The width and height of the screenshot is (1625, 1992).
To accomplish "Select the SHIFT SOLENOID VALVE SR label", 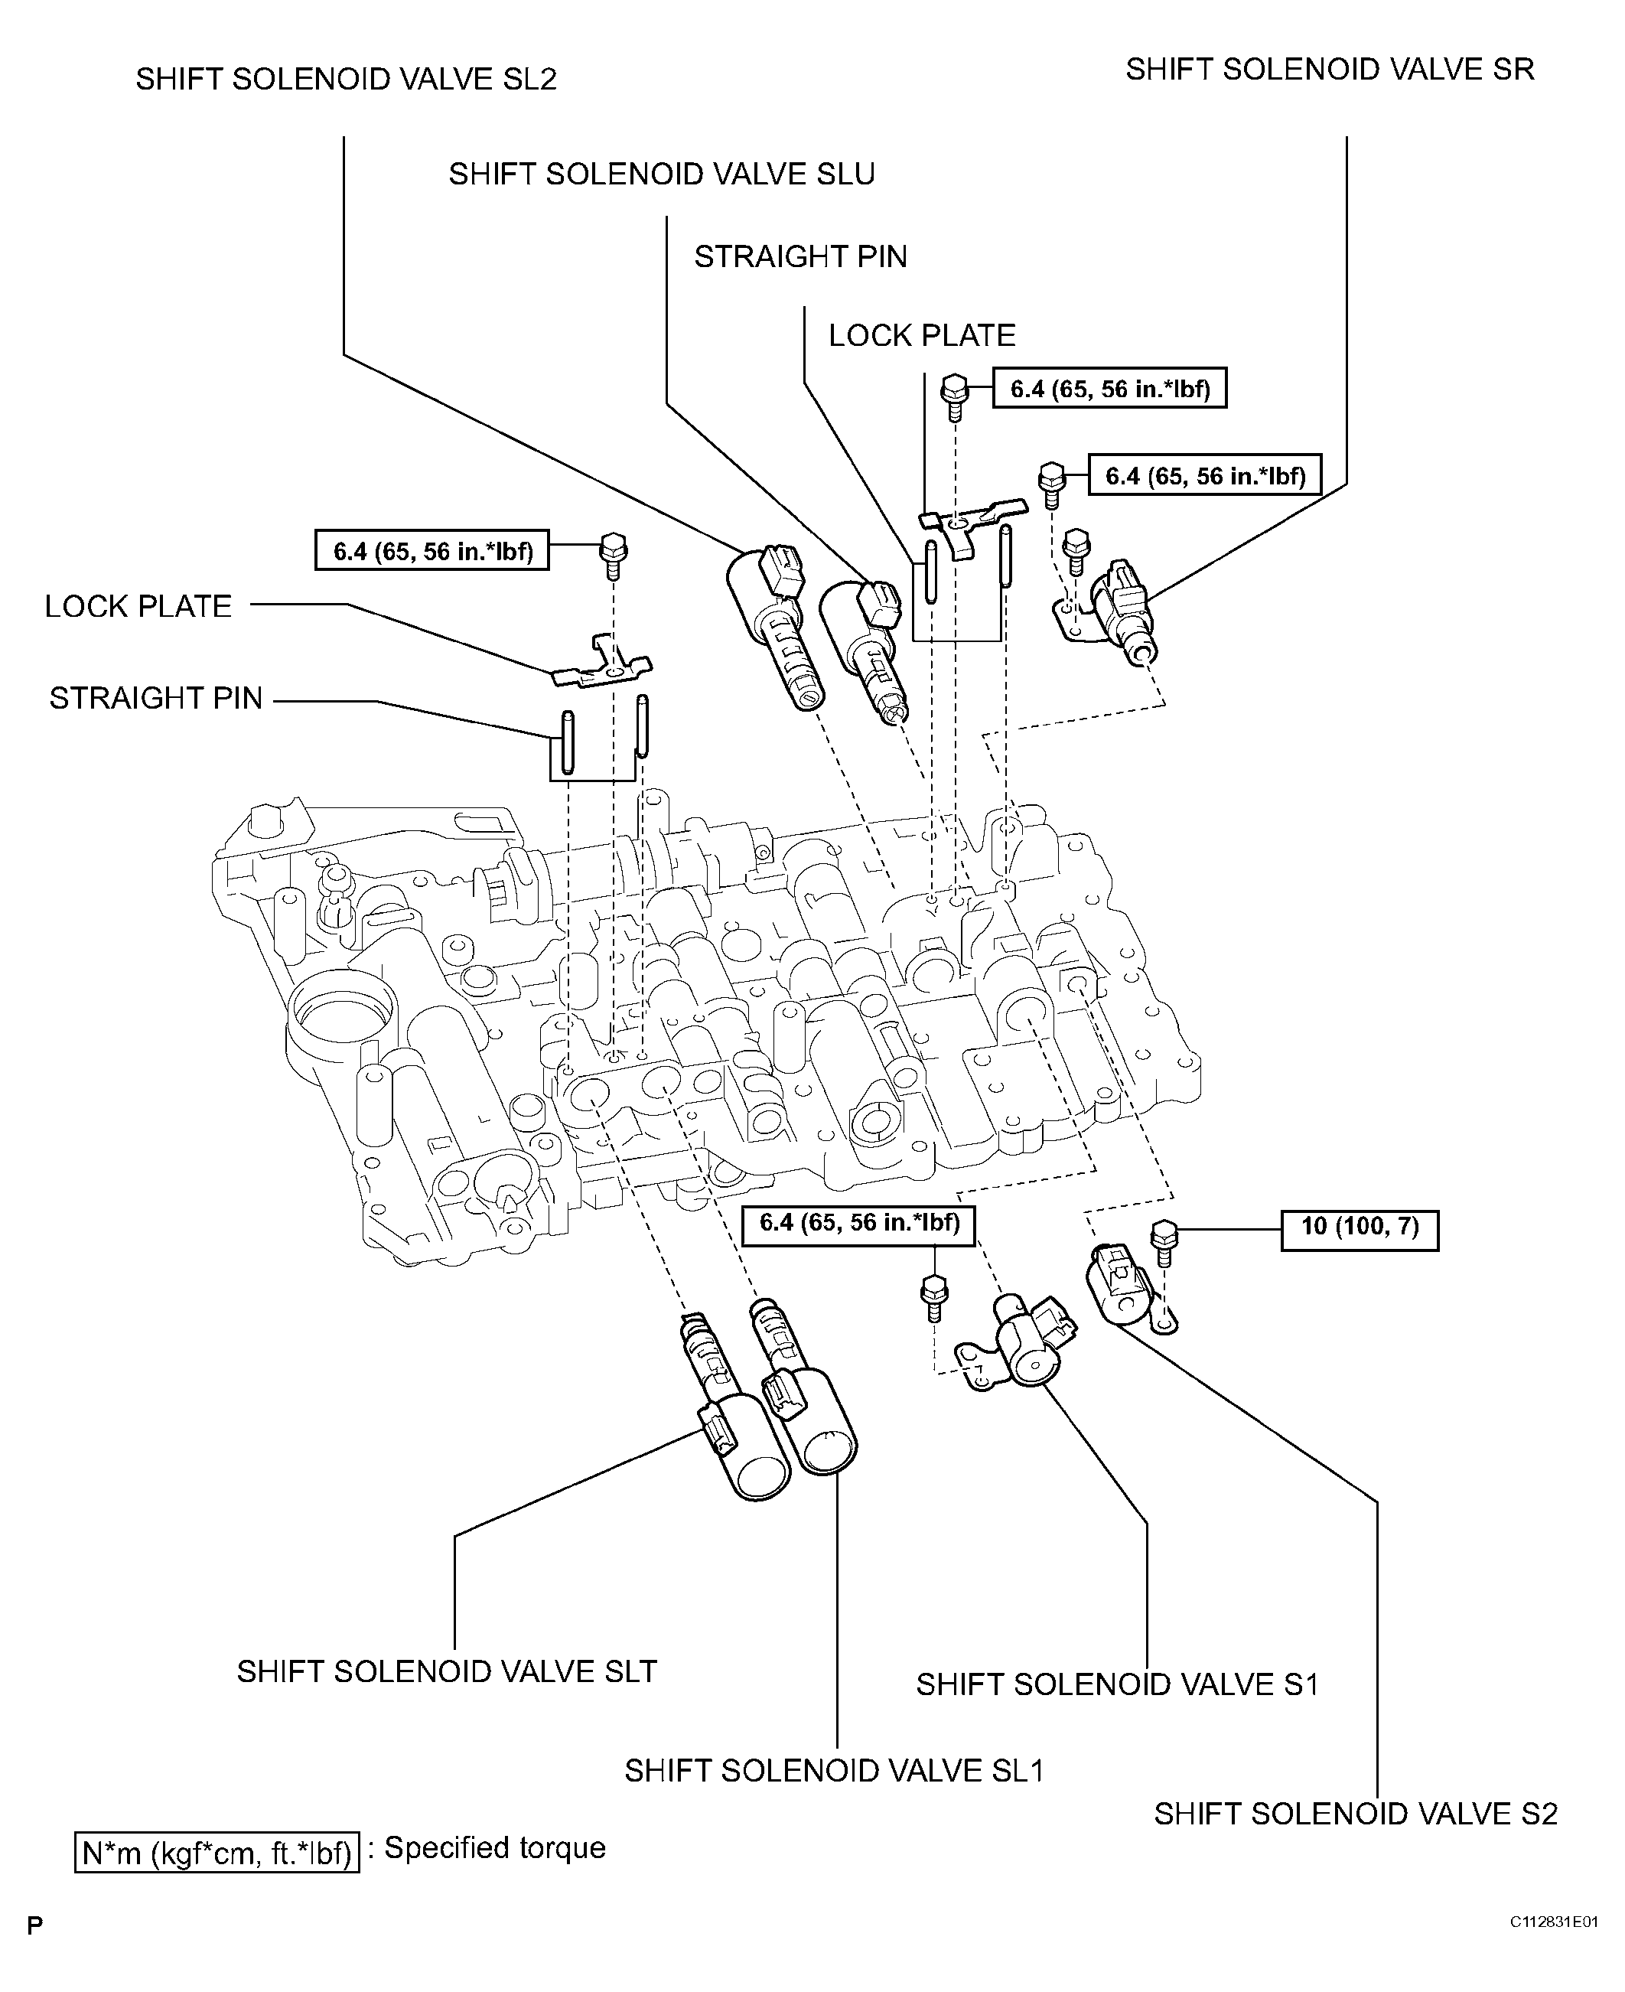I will click(x=1329, y=70).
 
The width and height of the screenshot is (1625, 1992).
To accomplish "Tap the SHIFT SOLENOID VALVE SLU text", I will click(x=661, y=174).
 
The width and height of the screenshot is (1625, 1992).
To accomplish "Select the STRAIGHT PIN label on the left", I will click(x=155, y=699).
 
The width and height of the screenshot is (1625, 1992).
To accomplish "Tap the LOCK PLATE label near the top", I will click(x=921, y=336).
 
